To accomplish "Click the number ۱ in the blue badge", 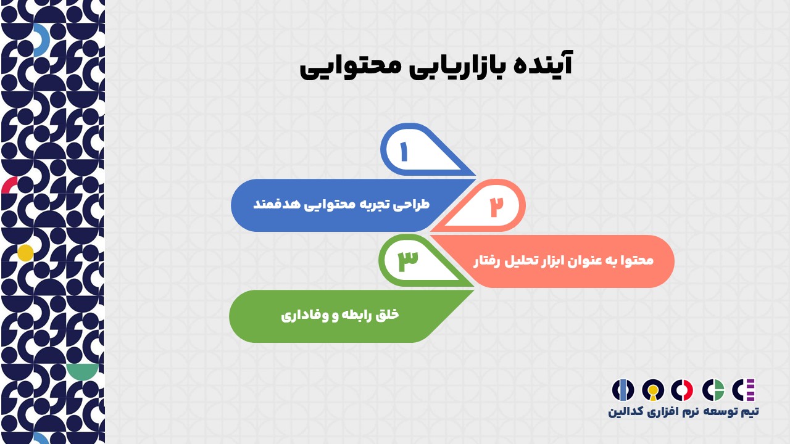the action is pos(404,152).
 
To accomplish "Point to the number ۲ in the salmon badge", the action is pos(497,207).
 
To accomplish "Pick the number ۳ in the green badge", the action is pos(408,261).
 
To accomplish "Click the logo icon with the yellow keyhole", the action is pos(653,390).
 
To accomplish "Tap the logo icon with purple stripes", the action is pos(744,390).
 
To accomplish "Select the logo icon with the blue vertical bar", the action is pos(623,390).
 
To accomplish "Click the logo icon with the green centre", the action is pos(713,390).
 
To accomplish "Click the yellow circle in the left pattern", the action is pos(25,253).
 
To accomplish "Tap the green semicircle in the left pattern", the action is pos(83,372).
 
